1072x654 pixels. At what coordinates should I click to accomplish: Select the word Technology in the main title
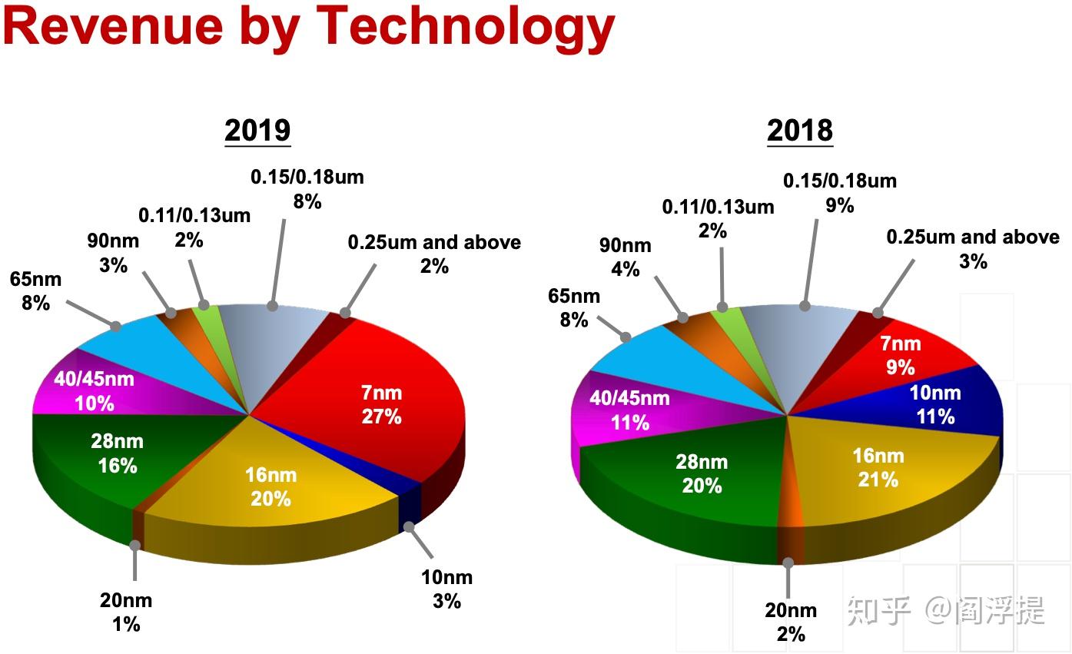(465, 26)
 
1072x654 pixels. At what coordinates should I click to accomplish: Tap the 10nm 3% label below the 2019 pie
(446, 589)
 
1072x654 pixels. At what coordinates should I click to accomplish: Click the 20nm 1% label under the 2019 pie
(126, 612)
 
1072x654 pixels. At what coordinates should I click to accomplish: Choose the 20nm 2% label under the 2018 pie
(791, 622)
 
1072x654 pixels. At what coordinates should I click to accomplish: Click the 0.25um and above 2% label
(434, 254)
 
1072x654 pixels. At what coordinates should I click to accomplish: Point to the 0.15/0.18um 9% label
(839, 193)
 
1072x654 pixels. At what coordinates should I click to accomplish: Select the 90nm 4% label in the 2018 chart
(625, 257)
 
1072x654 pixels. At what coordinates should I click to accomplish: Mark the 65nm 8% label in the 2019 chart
(35, 291)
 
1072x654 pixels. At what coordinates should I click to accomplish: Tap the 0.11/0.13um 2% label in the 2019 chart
(194, 227)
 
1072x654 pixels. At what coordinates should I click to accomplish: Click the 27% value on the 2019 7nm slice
(382, 417)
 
